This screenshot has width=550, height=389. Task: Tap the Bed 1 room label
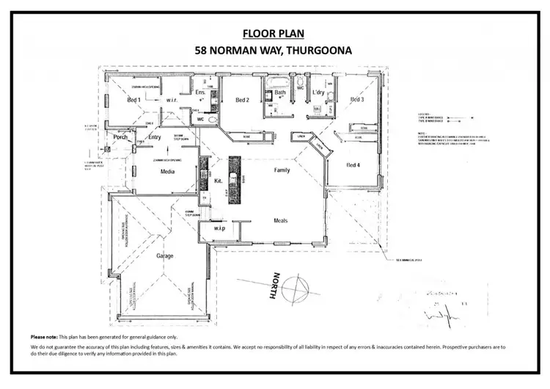133,100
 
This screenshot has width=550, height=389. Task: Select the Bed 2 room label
243,100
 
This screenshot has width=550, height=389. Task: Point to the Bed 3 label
357,100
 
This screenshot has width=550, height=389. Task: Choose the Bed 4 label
353,164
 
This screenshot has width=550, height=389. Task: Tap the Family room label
282,170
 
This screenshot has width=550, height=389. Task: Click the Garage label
164,257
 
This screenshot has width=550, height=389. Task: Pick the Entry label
155,137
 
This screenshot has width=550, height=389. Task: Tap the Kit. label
218,180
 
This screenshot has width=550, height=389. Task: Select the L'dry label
318,92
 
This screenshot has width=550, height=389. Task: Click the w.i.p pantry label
219,228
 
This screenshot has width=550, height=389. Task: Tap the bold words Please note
44,335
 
